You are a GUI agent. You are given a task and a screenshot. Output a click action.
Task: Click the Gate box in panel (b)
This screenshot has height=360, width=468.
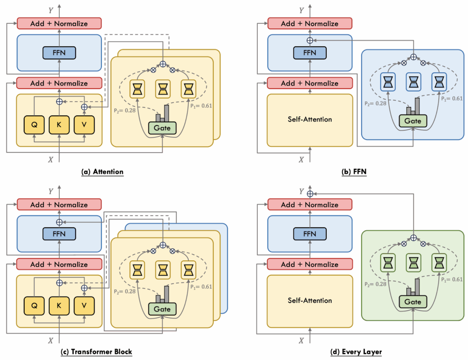point(413,121)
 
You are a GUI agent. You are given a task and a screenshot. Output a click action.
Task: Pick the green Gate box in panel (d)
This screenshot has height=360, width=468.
point(413,302)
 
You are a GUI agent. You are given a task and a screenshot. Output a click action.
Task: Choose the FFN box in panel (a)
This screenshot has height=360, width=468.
point(59,53)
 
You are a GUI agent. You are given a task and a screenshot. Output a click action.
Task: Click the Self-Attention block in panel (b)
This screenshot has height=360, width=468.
point(310,119)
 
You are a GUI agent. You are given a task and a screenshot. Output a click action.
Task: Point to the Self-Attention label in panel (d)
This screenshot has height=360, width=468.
point(310,301)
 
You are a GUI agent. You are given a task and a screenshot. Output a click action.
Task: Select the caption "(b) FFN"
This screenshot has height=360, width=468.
point(351,172)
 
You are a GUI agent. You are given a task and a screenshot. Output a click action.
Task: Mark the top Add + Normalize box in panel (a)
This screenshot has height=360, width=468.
point(59,23)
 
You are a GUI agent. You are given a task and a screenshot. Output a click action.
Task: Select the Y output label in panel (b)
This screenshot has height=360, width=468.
point(300,10)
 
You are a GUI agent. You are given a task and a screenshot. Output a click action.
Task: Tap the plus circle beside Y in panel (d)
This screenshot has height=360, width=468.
point(310,193)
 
